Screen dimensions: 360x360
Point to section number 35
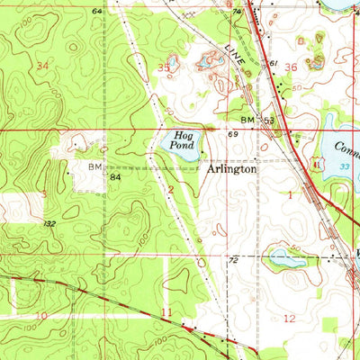pos(164,67)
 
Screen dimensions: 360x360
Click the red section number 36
pos(290,67)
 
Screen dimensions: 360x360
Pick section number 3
pos(43,194)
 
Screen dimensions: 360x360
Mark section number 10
pos(41,316)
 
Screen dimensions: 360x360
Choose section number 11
pos(166,312)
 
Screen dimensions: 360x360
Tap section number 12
pos(289,319)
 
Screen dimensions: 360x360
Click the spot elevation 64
pos(96,11)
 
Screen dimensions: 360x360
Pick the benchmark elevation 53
pos(268,120)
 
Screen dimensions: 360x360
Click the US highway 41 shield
pos(316,165)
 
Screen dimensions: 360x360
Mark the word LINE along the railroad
pos(236,57)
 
